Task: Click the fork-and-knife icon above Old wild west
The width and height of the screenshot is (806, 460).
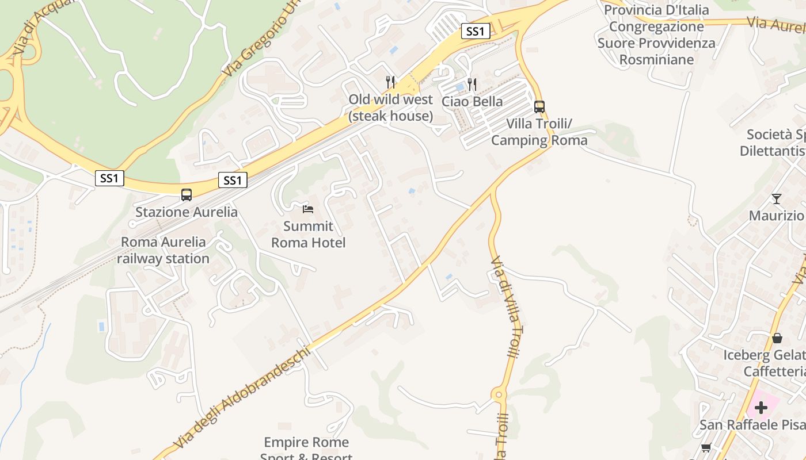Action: point(390,82)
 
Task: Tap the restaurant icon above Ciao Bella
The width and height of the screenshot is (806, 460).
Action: point(472,85)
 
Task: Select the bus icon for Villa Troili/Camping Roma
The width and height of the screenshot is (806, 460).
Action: point(539,106)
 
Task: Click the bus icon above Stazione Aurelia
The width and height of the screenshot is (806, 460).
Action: point(187,194)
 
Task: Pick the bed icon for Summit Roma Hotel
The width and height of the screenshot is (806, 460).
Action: point(308,209)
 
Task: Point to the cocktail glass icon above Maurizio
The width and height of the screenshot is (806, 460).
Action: point(777,199)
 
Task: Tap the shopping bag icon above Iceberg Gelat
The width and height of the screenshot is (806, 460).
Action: point(777,338)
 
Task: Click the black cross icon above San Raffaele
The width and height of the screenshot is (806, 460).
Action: point(761,408)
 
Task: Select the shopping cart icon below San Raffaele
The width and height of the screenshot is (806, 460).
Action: point(706,447)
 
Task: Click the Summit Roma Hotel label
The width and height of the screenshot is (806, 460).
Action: point(309,235)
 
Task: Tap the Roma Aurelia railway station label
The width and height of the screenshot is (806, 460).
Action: point(164,250)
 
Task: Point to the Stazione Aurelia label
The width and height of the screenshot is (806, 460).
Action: point(186,212)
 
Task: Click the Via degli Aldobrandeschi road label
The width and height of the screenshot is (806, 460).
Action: point(242,397)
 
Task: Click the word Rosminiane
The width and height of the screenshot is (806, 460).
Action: point(656,59)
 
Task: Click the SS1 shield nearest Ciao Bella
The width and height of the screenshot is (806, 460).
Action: point(475,31)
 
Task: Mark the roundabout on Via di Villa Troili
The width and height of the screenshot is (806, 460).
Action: point(499,395)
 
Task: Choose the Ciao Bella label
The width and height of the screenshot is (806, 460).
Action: point(472,101)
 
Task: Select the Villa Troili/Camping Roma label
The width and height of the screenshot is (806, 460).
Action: point(539,132)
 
